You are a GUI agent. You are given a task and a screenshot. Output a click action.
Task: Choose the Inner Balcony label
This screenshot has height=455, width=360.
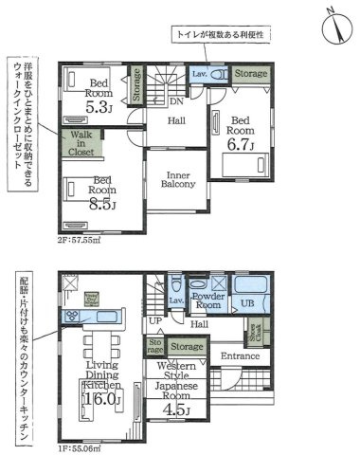pyautogui.click(x=180, y=180)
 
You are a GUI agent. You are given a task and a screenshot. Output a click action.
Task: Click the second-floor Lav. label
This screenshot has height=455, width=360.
pyautogui.click(x=199, y=73)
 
